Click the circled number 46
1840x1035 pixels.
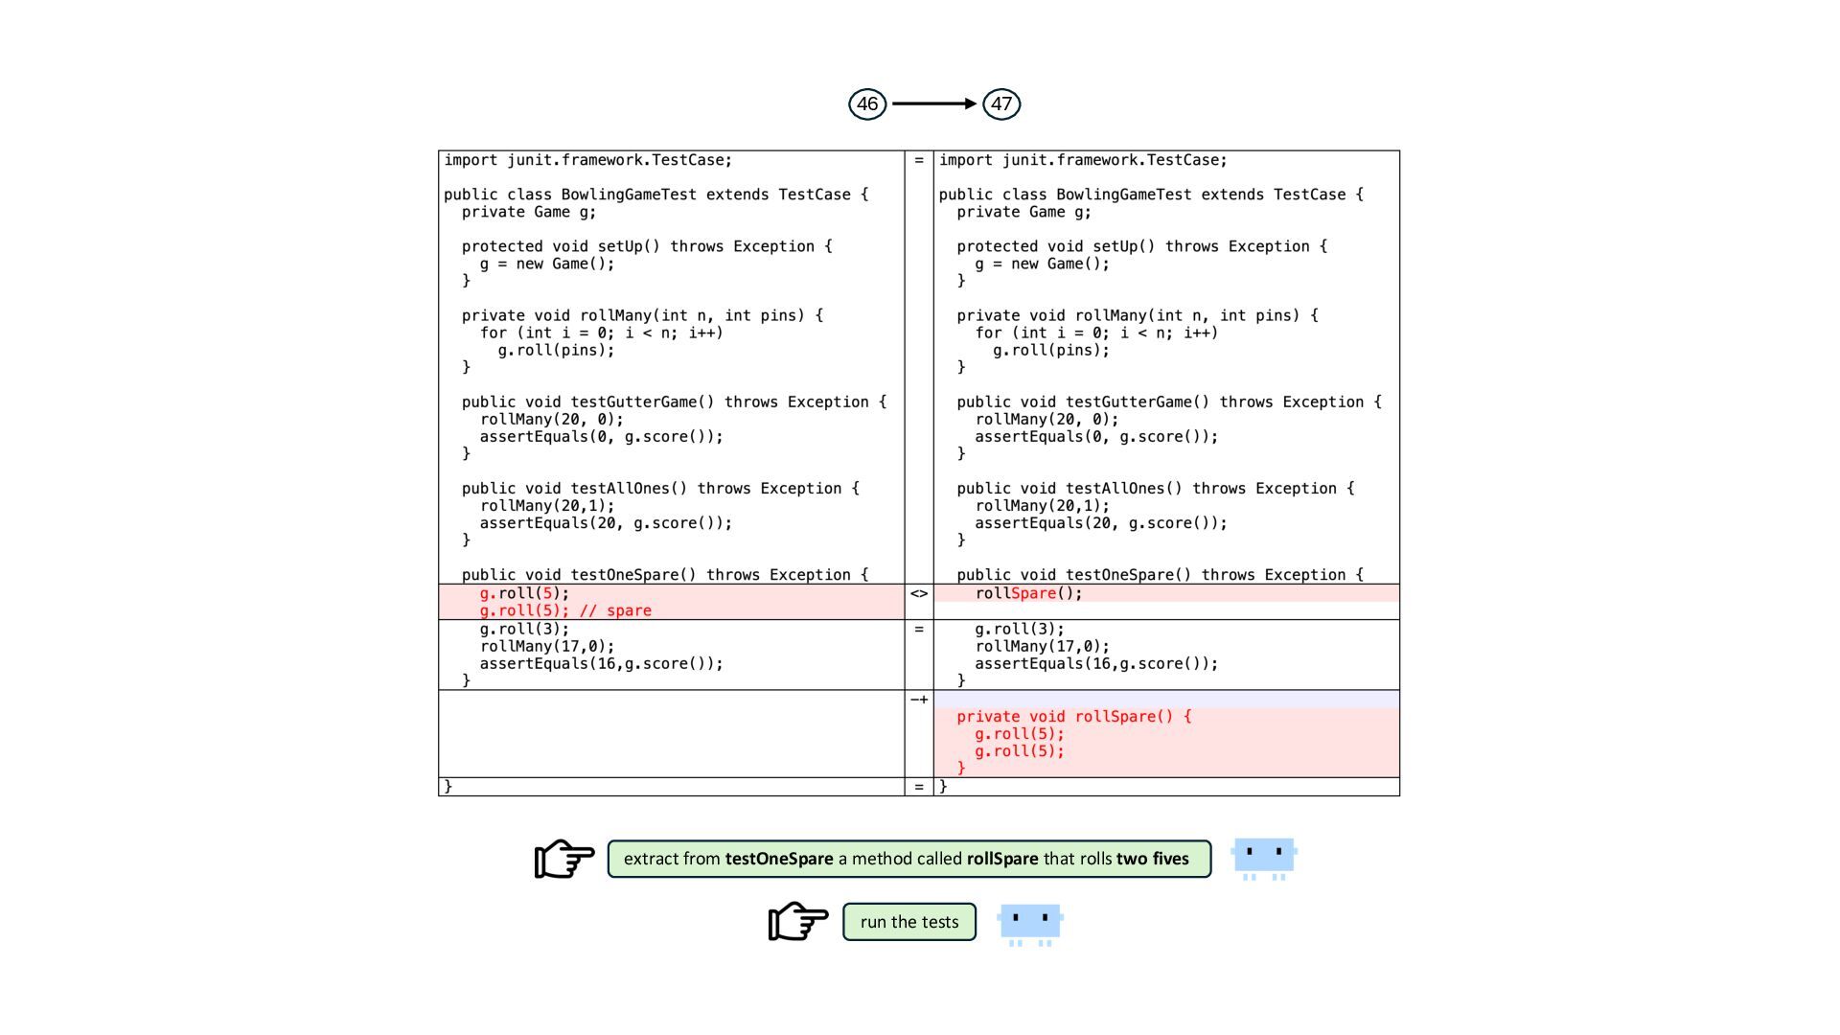tap(867, 103)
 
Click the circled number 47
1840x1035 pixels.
tap(1001, 103)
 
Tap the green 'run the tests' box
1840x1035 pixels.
tap(909, 922)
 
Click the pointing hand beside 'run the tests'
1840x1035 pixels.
tap(798, 921)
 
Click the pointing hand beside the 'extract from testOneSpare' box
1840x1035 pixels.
tap(564, 859)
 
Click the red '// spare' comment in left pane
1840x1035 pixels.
tap(615, 610)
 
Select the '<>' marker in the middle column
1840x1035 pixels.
tap(919, 593)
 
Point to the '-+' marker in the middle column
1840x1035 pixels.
tap(919, 700)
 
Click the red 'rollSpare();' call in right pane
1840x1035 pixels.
tap(1028, 593)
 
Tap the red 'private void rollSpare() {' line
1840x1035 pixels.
tap(1073, 717)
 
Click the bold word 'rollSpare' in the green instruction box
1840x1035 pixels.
tap(1001, 859)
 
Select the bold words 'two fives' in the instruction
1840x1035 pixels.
tap(1152, 859)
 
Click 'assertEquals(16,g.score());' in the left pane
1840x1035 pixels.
tap(601, 663)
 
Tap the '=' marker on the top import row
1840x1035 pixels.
tap(919, 160)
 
